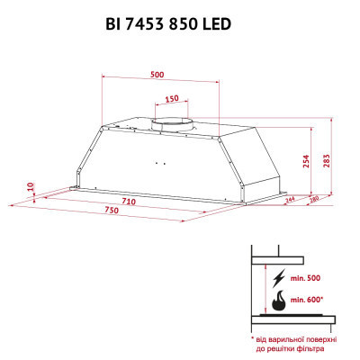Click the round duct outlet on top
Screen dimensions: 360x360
169,121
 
